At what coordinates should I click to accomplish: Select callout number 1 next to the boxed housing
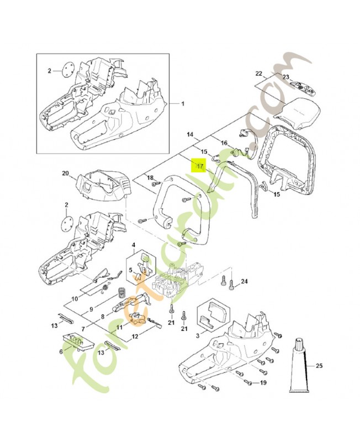(184, 104)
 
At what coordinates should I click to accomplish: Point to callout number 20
(65, 173)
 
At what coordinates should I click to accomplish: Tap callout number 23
(286, 77)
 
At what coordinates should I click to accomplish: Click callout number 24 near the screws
(245, 282)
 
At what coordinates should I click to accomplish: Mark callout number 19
(264, 382)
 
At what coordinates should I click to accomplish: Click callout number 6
(61, 350)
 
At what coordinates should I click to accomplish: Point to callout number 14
(189, 134)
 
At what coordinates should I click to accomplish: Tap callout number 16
(224, 143)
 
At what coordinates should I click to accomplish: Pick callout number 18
(149, 177)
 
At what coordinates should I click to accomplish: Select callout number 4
(133, 244)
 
